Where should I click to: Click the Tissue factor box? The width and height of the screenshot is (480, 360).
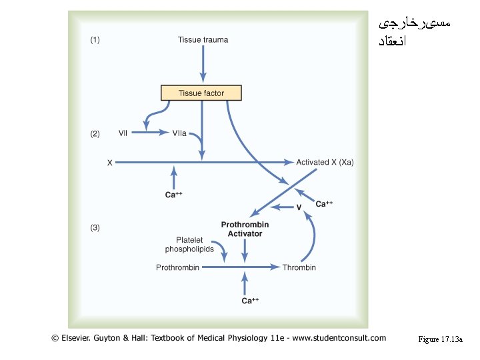tap(201, 93)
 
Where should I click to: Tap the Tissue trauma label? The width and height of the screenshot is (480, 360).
tap(203, 40)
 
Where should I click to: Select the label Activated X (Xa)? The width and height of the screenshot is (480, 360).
tap(325, 162)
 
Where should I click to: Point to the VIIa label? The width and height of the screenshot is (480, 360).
tap(179, 133)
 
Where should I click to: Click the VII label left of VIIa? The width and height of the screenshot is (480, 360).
tap(123, 133)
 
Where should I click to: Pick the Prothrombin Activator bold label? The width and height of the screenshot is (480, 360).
tap(245, 229)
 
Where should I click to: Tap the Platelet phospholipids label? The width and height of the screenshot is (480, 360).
tap(190, 245)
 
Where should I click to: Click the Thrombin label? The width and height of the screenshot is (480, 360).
tap(299, 267)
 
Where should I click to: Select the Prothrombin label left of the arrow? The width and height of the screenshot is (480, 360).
tap(177, 267)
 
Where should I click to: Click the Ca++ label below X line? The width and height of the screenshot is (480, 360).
tap(174, 195)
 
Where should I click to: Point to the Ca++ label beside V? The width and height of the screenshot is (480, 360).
tap(324, 204)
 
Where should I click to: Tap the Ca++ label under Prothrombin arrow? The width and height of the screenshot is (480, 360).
tap(250, 301)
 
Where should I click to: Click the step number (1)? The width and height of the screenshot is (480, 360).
tap(95, 40)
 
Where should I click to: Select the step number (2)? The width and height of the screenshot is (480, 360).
tap(95, 133)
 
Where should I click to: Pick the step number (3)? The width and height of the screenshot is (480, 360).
tap(95, 227)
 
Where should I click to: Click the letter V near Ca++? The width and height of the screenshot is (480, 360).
tap(299, 207)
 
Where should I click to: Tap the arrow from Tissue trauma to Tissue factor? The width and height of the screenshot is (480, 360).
tap(203, 65)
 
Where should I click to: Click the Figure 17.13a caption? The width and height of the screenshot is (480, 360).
tap(440, 340)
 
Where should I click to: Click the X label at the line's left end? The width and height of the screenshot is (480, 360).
tap(109, 162)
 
